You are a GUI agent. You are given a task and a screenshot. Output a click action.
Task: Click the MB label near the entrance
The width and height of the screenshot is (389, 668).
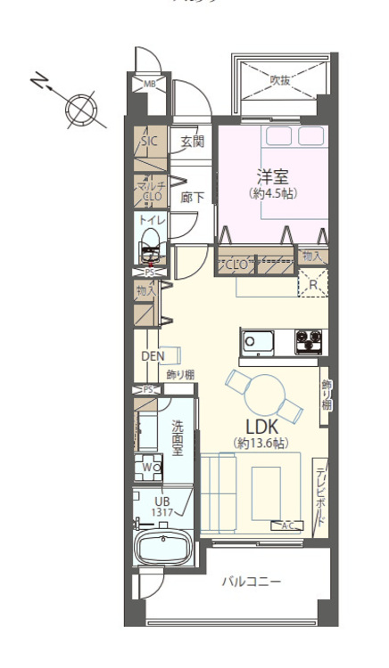pyautogui.click(x=149, y=85)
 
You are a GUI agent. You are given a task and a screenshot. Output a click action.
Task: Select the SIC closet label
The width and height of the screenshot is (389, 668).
pyautogui.click(x=149, y=141)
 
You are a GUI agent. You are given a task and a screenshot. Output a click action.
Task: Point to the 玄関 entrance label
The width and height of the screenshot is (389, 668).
pyautogui.click(x=191, y=141)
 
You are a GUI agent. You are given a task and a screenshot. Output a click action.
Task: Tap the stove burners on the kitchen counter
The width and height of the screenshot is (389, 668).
pyautogui.click(x=309, y=341)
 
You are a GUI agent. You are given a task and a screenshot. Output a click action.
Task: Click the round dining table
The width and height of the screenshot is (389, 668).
pyautogui.click(x=265, y=393)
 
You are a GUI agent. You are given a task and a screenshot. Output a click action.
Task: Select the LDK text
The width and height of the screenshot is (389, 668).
pyautogui.click(x=263, y=426)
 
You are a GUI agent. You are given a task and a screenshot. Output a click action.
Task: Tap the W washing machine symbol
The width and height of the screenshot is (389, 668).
pyautogui.click(x=148, y=467)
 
